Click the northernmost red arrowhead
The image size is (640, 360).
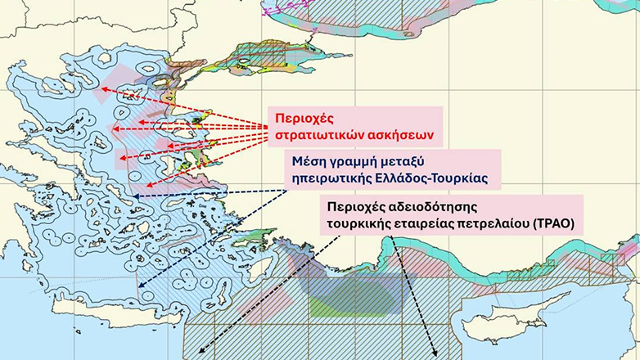coord(106,89)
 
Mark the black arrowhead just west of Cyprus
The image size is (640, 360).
coord(435,353)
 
